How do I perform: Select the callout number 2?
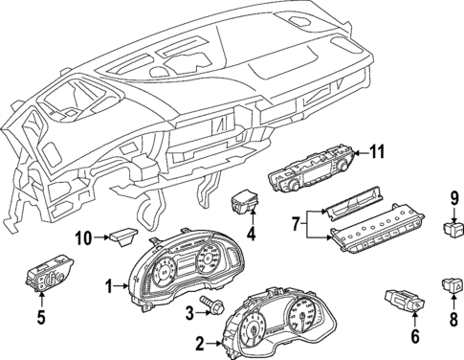(x=198, y=342)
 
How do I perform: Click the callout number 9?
(x=453, y=199)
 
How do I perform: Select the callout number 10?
(x=83, y=236)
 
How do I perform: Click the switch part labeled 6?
(x=402, y=301)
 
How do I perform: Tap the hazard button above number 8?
(x=453, y=282)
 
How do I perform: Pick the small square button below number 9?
(x=453, y=229)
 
